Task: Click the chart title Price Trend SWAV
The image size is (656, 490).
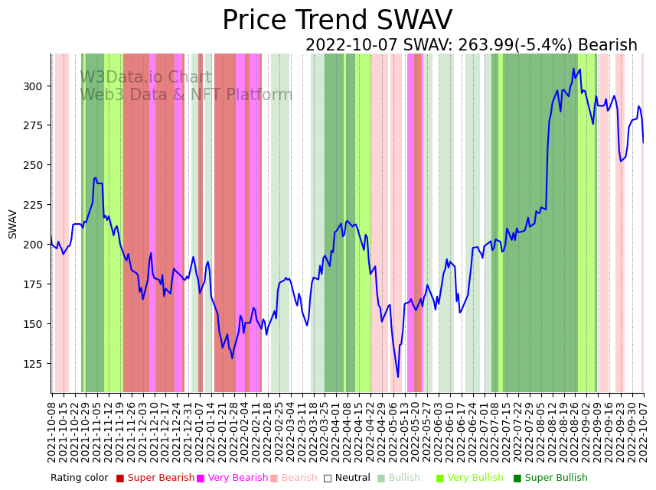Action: pyautogui.click(x=337, y=21)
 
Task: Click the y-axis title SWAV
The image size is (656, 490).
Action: pyautogui.click(x=13, y=224)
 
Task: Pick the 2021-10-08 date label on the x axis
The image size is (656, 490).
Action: pyautogui.click(x=52, y=431)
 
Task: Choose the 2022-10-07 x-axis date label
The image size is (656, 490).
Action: pyautogui.click(x=644, y=431)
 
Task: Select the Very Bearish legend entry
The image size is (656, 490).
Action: pyautogui.click(x=232, y=479)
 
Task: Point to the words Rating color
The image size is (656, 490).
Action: pyautogui.click(x=80, y=479)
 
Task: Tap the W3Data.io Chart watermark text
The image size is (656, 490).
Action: pyautogui.click(x=145, y=77)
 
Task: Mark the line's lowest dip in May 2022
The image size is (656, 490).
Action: pyautogui.click(x=398, y=377)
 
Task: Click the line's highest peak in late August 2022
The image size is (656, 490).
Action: pyautogui.click(x=573, y=69)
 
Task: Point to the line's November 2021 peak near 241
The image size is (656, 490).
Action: pyautogui.click(x=96, y=178)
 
